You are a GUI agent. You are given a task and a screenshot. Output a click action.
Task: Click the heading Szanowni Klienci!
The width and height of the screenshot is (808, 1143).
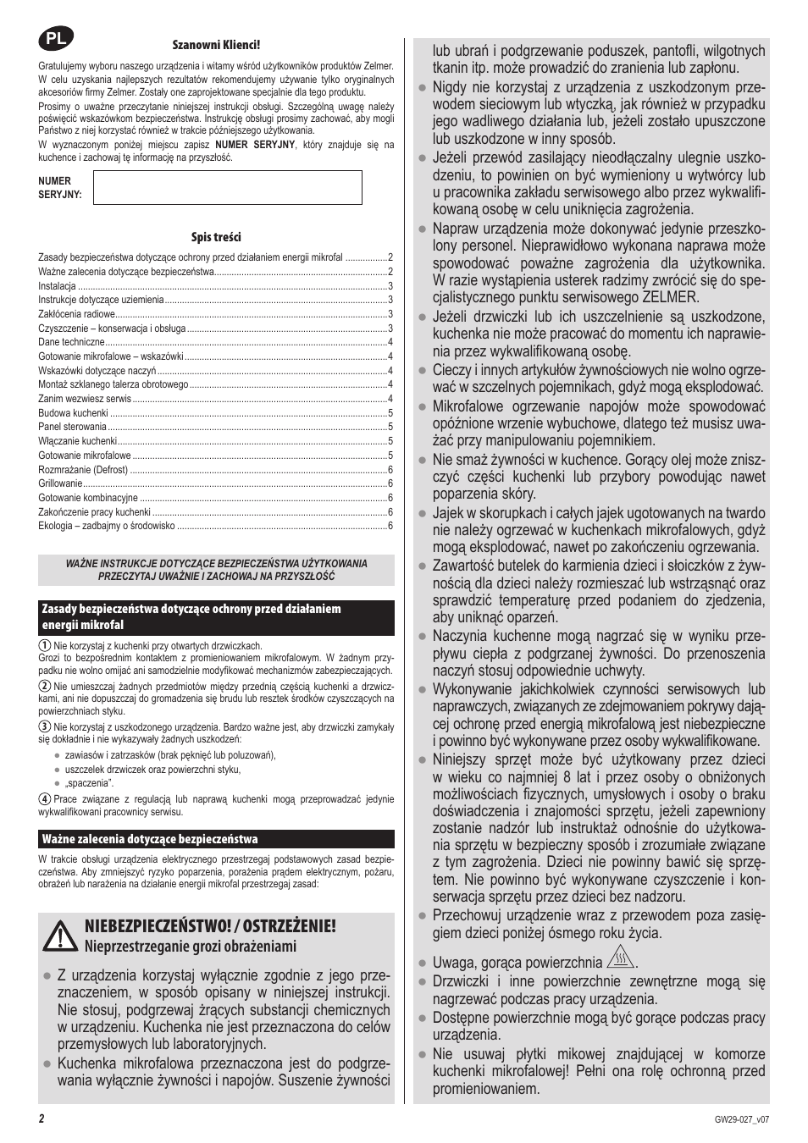(216, 45)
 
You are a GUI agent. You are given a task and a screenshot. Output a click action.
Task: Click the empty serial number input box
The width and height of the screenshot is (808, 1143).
(227, 187)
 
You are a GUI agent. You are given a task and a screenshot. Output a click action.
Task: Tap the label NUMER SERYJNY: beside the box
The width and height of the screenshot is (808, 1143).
(59, 187)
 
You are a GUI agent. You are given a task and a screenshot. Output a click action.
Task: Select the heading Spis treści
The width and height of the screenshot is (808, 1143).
(216, 238)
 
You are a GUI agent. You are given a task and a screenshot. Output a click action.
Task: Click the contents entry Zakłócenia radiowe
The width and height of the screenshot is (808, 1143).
(77, 314)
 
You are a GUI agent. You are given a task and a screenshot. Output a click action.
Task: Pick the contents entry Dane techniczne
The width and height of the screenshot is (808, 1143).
(71, 342)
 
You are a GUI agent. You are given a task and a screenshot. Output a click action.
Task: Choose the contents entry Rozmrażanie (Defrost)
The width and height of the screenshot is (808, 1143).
(83, 469)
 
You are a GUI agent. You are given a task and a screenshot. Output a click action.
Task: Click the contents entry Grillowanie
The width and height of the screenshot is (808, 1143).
(60, 483)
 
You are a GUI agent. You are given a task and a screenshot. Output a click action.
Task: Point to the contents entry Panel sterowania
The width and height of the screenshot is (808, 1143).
(72, 427)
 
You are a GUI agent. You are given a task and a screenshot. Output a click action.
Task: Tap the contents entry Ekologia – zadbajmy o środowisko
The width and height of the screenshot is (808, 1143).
(107, 526)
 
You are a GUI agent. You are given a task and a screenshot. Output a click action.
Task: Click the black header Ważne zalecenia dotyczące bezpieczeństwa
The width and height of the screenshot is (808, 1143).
(150, 839)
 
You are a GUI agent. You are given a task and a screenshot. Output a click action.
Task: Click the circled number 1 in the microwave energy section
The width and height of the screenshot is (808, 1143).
(45, 646)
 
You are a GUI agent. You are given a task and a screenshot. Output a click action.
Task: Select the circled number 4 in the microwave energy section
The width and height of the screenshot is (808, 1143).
(45, 798)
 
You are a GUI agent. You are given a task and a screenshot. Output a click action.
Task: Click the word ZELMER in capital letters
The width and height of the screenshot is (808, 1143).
(670, 297)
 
